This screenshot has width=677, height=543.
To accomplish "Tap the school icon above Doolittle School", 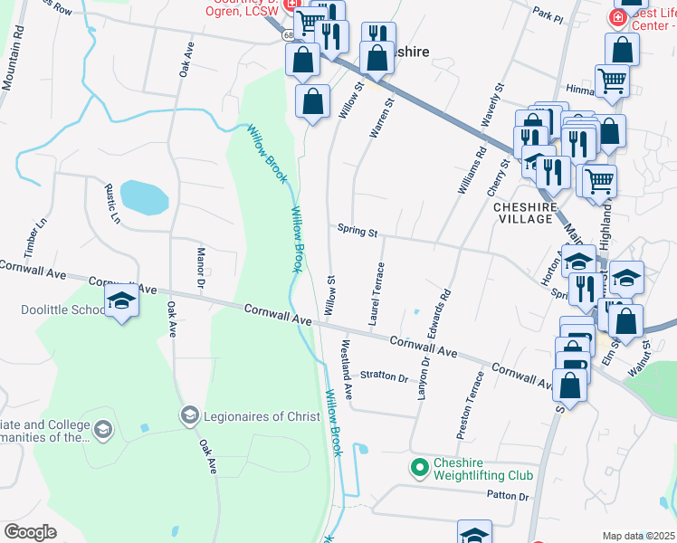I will (x=120, y=301).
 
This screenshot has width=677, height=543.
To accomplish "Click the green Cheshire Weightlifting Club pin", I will (x=418, y=468).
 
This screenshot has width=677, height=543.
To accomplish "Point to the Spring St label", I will (x=357, y=232).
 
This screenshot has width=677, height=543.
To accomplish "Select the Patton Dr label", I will (x=507, y=495).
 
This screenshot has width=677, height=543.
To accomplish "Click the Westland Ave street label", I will (x=346, y=371).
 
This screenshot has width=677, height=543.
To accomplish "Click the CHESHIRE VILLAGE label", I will (x=522, y=213).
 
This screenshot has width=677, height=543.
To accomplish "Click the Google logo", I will (x=30, y=532).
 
